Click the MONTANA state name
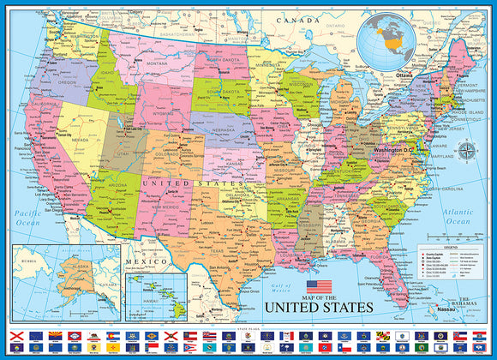point(157,63)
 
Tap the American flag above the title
point(319,286)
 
